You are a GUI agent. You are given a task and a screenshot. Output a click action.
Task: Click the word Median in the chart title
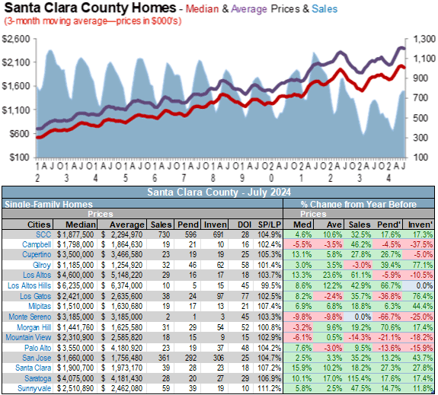click(x=202, y=9)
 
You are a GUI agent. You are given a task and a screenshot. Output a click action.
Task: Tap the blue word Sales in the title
click(x=325, y=9)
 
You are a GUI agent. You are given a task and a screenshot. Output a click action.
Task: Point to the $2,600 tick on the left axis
click(x=16, y=39)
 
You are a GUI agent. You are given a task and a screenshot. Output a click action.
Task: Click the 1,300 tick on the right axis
click(x=424, y=39)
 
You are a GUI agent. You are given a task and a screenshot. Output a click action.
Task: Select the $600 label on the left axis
click(x=20, y=134)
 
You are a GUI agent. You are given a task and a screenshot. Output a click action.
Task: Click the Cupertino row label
click(x=37, y=255)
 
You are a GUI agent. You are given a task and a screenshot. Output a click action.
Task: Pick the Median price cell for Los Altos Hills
click(x=75, y=285)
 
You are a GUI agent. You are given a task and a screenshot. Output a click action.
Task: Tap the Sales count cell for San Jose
click(x=164, y=358)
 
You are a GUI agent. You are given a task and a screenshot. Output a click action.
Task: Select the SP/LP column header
click(x=270, y=225)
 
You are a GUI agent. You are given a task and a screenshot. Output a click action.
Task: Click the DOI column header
click(x=245, y=225)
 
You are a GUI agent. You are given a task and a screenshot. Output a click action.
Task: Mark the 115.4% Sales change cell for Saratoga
click(x=360, y=378)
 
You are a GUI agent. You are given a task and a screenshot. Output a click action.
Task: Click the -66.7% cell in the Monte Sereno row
click(x=390, y=317)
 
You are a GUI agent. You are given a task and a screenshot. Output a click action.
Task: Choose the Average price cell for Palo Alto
click(x=123, y=348)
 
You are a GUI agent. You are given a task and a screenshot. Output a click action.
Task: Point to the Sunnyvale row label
click(x=34, y=389)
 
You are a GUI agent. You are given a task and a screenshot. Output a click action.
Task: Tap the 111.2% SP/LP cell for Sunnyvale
click(x=270, y=389)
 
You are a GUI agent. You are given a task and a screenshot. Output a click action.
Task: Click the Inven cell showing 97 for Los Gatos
click(x=220, y=296)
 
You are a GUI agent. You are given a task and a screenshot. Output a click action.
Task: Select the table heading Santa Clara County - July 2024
click(x=219, y=193)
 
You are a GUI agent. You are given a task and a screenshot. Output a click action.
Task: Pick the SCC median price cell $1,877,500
click(x=75, y=234)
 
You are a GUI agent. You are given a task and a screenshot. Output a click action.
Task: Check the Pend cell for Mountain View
click(x=193, y=337)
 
